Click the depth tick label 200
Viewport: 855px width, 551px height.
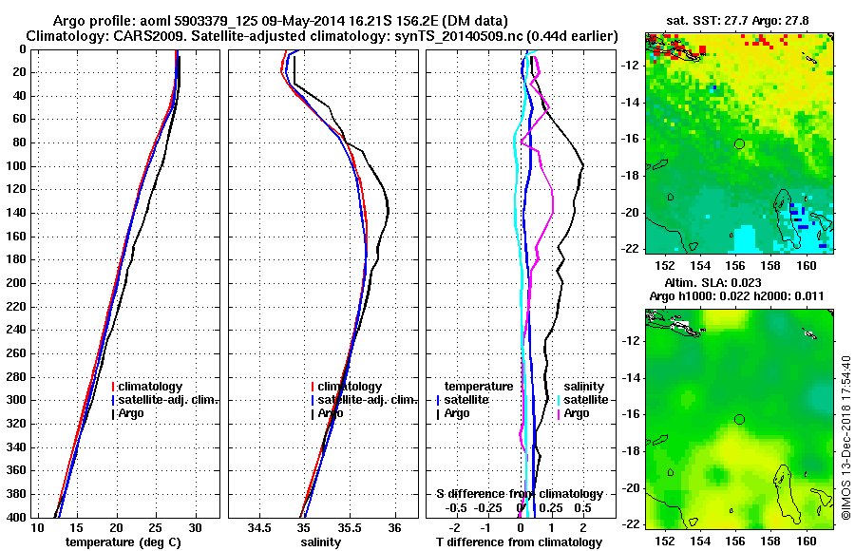point(16,283)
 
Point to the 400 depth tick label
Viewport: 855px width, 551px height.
point(16,517)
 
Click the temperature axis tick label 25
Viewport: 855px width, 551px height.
point(156,527)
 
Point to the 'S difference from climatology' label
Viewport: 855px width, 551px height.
point(519,494)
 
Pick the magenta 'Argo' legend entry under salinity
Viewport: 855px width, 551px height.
point(576,413)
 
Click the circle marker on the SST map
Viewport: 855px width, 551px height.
point(739,143)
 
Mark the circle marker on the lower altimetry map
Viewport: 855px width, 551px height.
point(739,419)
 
